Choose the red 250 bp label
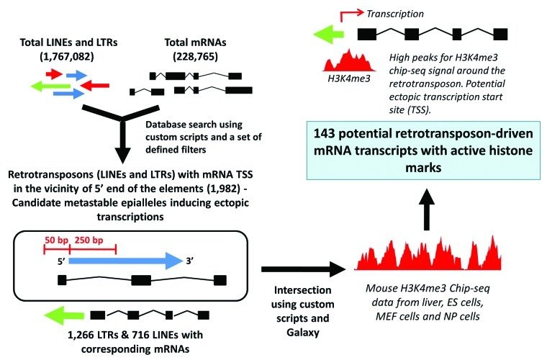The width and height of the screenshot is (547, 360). tap(92, 238)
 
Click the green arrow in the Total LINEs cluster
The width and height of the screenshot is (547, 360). tap(50, 85)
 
